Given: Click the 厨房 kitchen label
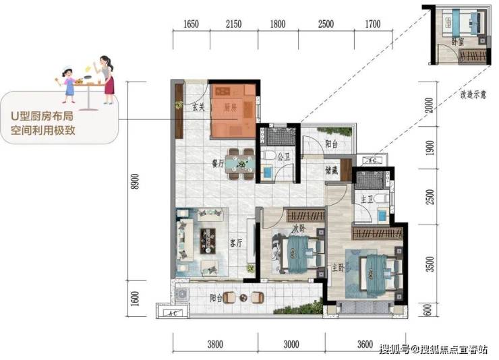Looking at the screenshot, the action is pyautogui.click(x=230, y=108).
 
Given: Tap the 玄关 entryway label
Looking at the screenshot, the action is pyautogui.click(x=198, y=107).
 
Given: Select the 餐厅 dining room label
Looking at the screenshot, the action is pyautogui.click(x=218, y=164).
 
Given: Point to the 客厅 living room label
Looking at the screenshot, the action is pyautogui.click(x=236, y=243).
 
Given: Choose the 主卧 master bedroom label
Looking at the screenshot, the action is pyautogui.click(x=339, y=268).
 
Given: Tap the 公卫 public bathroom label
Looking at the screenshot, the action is pyautogui.click(x=283, y=156).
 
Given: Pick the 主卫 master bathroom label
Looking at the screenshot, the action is pyautogui.click(x=367, y=200).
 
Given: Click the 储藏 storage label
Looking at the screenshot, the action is pyautogui.click(x=331, y=171).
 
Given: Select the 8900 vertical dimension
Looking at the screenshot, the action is pyautogui.click(x=136, y=181).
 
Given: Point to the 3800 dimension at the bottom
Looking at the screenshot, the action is pyautogui.click(x=215, y=344).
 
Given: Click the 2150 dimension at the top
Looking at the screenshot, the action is pyautogui.click(x=233, y=24).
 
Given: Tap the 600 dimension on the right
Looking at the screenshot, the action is pyautogui.click(x=428, y=309).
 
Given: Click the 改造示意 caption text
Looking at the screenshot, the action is pyautogui.click(x=473, y=94).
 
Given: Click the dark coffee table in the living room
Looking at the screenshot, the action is pyautogui.click(x=208, y=241).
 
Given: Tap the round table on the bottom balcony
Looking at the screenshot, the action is pyautogui.click(x=243, y=298).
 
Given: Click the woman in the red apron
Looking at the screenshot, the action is pyautogui.click(x=107, y=80).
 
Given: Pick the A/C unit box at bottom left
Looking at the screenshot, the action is pyautogui.click(x=173, y=312).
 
